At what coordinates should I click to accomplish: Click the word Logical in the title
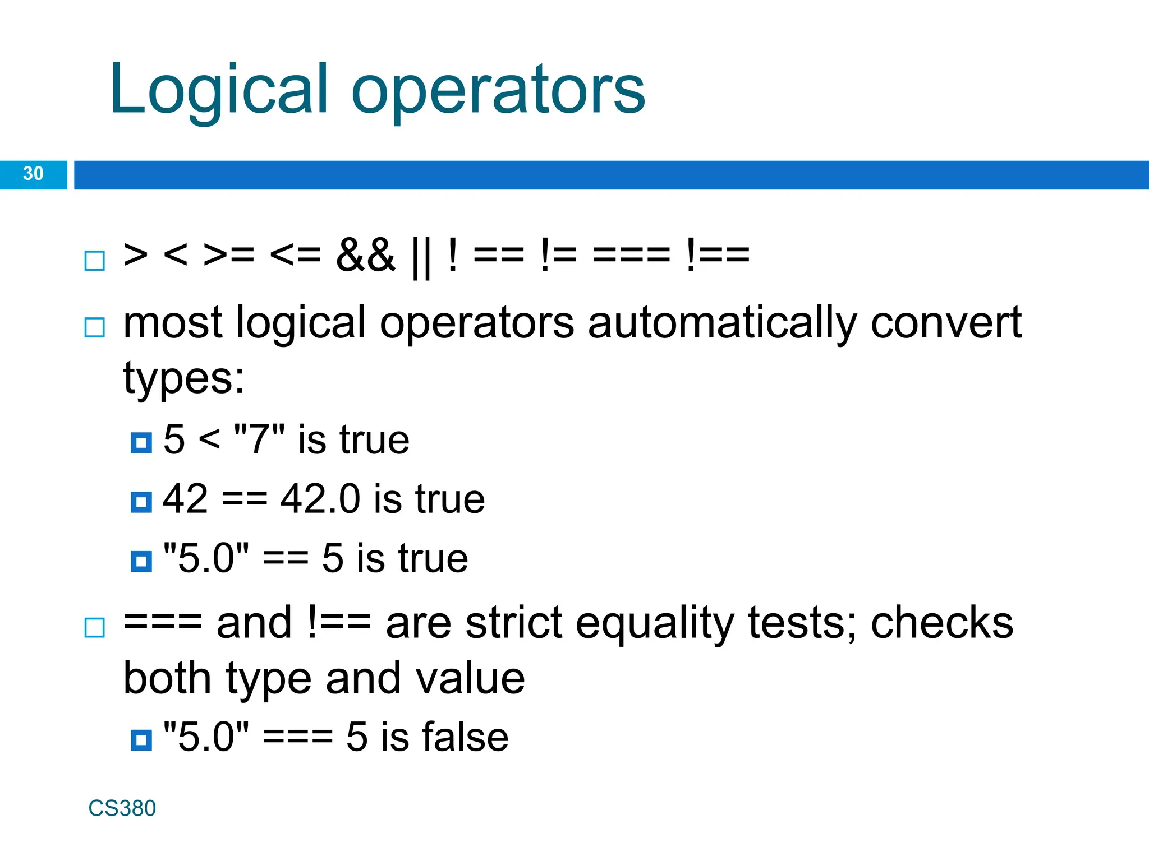pos(219,90)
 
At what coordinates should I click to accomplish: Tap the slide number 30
pos(33,174)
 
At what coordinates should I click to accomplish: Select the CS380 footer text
pos(122,808)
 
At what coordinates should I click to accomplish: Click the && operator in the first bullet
pos(365,255)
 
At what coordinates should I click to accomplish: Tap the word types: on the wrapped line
pos(184,379)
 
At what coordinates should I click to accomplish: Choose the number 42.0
pos(320,498)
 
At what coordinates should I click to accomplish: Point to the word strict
pos(514,623)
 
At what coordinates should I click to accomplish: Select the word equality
pos(655,624)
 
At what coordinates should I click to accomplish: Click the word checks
pos(942,623)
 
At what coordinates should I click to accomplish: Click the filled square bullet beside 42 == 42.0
pos(141,502)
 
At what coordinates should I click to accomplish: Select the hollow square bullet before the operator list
pos(94,261)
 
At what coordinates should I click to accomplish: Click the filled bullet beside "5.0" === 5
pos(141,740)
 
